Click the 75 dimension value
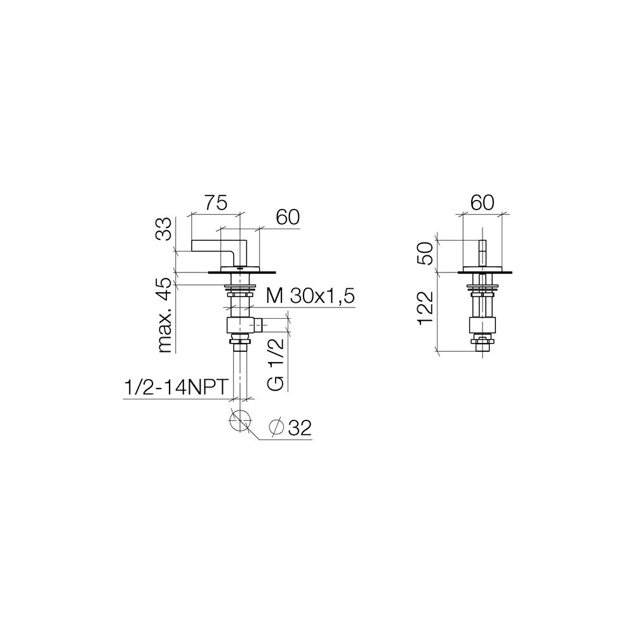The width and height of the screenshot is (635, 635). [x=215, y=203]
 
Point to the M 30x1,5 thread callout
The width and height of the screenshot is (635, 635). [x=311, y=297]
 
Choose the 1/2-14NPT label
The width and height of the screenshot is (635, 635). [x=176, y=387]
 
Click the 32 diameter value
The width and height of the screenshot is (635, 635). [x=300, y=427]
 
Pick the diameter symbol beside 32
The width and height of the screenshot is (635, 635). [x=277, y=427]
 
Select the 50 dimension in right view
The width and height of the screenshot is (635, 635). [x=425, y=253]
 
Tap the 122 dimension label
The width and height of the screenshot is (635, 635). [x=425, y=309]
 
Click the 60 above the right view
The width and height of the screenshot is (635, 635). [x=482, y=203]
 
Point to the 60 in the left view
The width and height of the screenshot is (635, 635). [x=288, y=217]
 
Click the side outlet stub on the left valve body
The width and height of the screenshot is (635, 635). [x=258, y=324]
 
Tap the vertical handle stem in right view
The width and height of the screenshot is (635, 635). [x=482, y=253]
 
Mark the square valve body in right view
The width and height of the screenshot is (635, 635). [x=482, y=325]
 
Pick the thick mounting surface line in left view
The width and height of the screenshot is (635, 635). [x=242, y=272]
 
